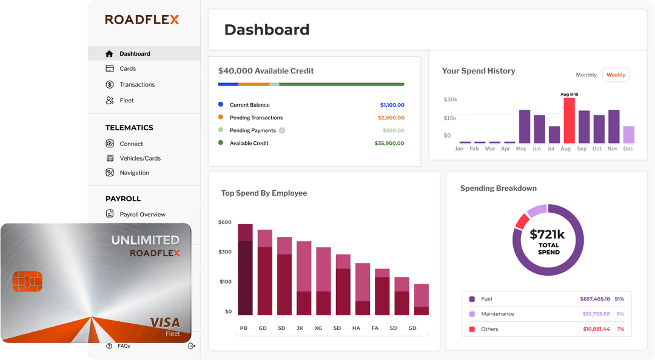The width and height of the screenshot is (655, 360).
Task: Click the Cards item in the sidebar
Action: click(x=127, y=69)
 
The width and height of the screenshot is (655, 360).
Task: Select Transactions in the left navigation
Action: click(x=137, y=85)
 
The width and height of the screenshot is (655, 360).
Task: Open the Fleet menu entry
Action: click(x=127, y=101)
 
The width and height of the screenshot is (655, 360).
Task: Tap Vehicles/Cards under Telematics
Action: click(x=140, y=159)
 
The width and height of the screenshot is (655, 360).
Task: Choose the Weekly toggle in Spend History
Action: click(x=616, y=75)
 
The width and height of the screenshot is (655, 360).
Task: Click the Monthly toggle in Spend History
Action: click(x=586, y=75)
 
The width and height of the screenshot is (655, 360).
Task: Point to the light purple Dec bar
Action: click(x=628, y=135)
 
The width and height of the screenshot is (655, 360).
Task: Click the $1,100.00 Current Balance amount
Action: click(x=392, y=105)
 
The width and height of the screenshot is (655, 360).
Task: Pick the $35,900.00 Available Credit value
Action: click(x=389, y=144)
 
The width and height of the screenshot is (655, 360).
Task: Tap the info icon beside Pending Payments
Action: click(x=282, y=131)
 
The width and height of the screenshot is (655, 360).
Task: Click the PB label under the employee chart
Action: click(x=244, y=328)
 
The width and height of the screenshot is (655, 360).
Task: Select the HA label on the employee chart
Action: click(x=356, y=328)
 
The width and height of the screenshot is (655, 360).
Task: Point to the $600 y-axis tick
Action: click(x=225, y=222)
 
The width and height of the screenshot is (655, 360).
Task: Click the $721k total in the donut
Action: click(x=547, y=235)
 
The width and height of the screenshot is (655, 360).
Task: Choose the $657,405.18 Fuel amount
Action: click(x=595, y=299)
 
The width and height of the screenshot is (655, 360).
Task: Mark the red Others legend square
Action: click(x=472, y=329)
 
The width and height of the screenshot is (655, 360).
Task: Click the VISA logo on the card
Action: click(x=164, y=322)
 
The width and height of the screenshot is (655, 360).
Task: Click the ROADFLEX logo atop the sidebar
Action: click(x=142, y=19)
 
